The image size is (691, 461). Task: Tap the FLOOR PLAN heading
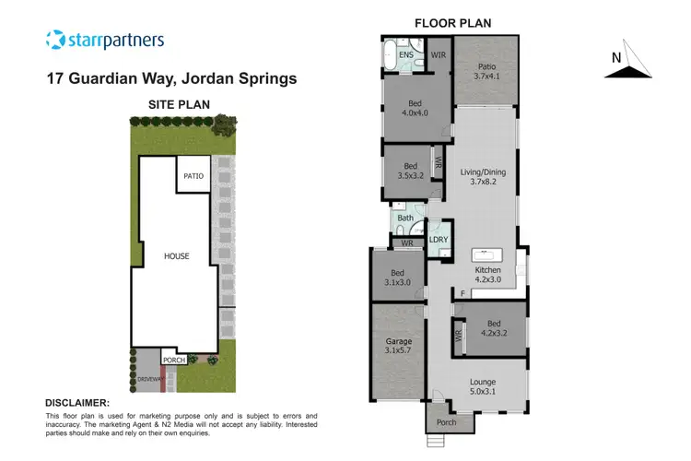coord(452,22)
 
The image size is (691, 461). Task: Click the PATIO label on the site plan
coord(193,175)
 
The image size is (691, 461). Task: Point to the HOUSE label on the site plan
coord(176,255)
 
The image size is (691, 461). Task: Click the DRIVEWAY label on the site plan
coord(148,379)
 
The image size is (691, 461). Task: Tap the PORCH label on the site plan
coord(175,361)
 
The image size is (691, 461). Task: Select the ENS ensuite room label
coord(406,55)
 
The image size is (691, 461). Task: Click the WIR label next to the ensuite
coord(439,55)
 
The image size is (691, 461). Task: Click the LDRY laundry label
coord(439,240)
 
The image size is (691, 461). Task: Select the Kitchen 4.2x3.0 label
coord(488,275)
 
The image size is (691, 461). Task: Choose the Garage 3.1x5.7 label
coord(399,346)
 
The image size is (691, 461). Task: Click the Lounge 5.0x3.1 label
coord(482,387)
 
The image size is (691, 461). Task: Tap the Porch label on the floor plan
coord(445,422)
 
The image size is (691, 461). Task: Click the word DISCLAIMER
coord(77,403)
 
